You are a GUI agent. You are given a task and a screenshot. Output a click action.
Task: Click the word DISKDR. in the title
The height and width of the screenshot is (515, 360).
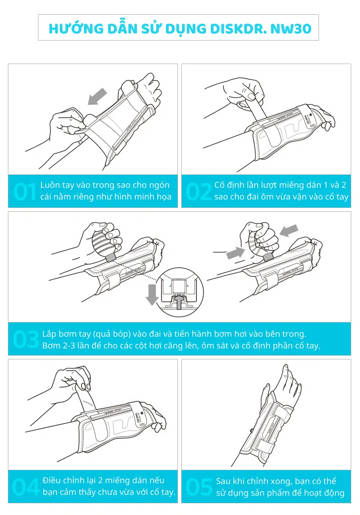pos(238,29)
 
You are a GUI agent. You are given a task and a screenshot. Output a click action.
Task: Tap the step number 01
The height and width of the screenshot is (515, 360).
pos(25,191)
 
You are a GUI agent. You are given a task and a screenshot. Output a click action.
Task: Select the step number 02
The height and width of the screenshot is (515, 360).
pos(198,191)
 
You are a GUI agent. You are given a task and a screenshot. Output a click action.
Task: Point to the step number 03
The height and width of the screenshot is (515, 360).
pos(26,339)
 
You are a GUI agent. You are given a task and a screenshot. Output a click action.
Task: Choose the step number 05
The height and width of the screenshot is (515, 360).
pos(199,487)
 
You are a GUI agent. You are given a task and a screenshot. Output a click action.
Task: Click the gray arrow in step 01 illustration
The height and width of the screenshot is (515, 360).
pos(97,97)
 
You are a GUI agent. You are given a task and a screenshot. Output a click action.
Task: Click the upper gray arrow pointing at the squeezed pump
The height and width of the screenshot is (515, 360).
pos(289,231)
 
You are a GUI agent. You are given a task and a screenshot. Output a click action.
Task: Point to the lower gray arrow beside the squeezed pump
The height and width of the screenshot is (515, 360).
pos(236,253)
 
